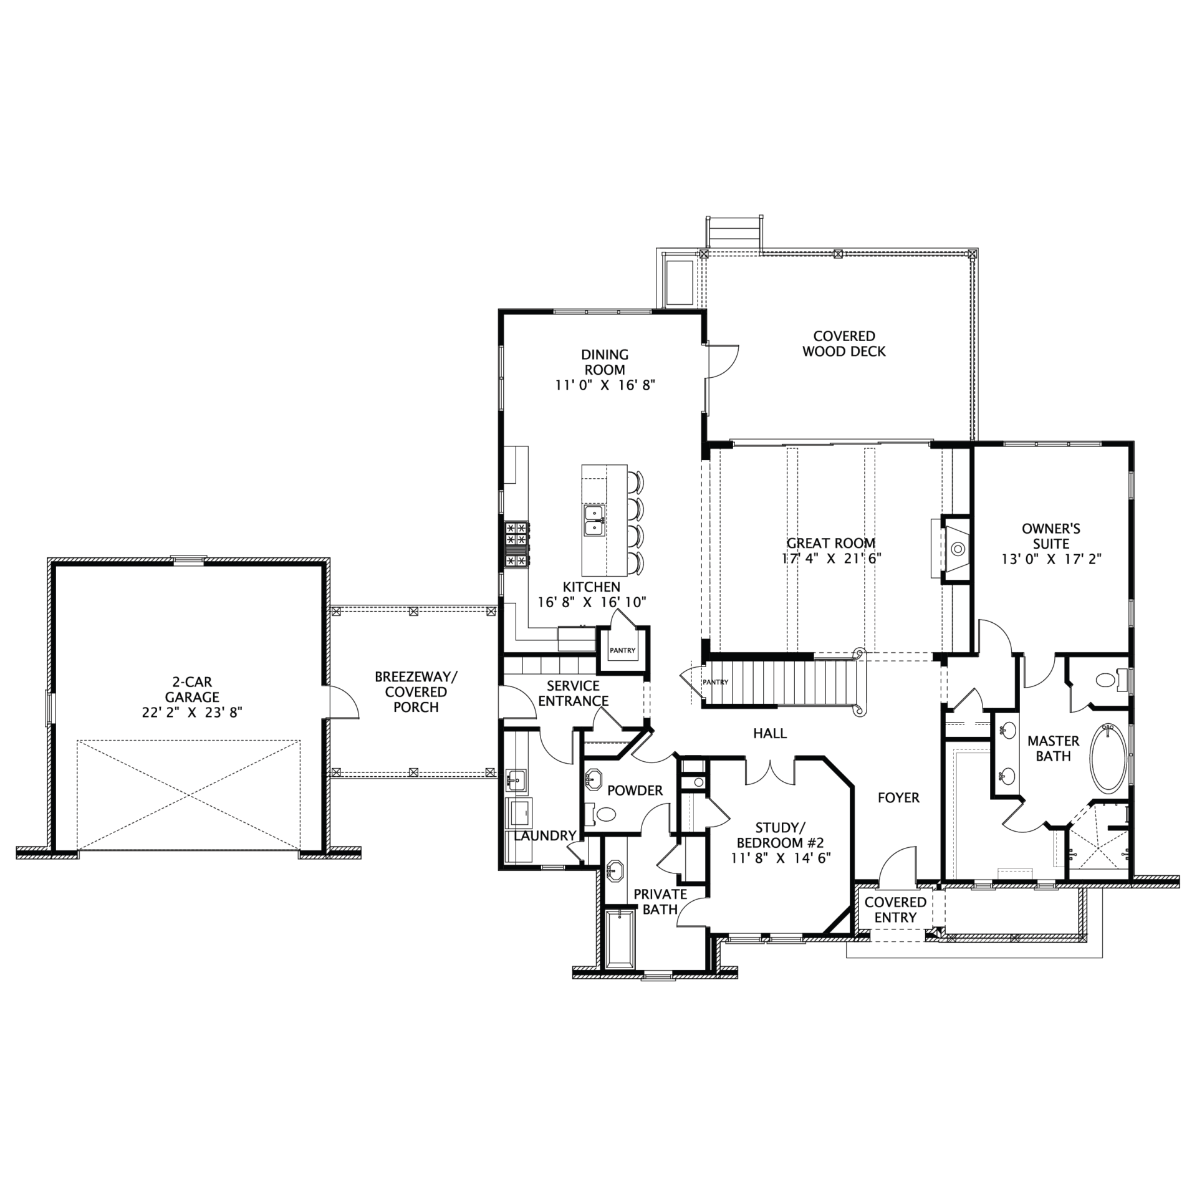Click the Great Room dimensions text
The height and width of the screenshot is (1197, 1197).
(x=831, y=559)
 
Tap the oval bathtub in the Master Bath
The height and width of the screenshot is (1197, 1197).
(x=1108, y=758)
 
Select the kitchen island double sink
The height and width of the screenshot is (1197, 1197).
(x=594, y=520)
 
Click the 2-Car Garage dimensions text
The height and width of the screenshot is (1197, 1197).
(x=192, y=713)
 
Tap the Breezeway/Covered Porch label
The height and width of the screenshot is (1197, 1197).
(x=416, y=692)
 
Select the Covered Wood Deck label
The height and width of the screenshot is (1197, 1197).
(x=844, y=344)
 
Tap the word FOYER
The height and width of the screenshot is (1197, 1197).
(x=898, y=797)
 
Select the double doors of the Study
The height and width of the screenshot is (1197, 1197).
(x=770, y=771)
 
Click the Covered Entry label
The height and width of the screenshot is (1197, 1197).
(x=895, y=910)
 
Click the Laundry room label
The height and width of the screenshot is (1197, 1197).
(x=545, y=835)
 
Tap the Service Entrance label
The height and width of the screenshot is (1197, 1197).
(x=573, y=693)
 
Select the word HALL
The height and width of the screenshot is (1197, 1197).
(x=770, y=733)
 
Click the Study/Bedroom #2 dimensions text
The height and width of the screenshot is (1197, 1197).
(x=781, y=858)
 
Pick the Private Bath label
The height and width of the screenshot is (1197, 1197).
(x=660, y=901)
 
